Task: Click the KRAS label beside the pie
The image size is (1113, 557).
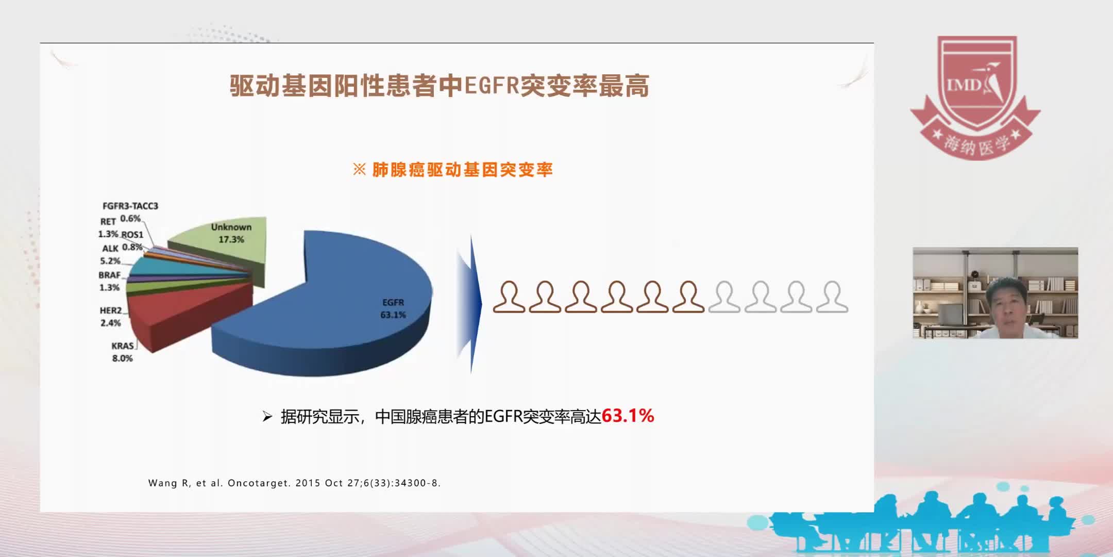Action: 123,346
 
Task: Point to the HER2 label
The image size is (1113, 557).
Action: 111,310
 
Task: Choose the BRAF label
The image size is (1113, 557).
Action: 109,275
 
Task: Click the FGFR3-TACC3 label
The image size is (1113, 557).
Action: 130,206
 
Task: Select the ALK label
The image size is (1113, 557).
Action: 110,249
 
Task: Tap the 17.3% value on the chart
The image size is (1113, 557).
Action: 231,239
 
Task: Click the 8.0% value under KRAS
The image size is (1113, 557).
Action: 123,358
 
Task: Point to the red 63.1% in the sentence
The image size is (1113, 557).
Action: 628,416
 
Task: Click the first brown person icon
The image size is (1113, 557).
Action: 509,297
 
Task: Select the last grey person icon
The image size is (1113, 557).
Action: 832,297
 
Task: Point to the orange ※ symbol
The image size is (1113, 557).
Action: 359,169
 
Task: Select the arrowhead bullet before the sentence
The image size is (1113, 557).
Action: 267,416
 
